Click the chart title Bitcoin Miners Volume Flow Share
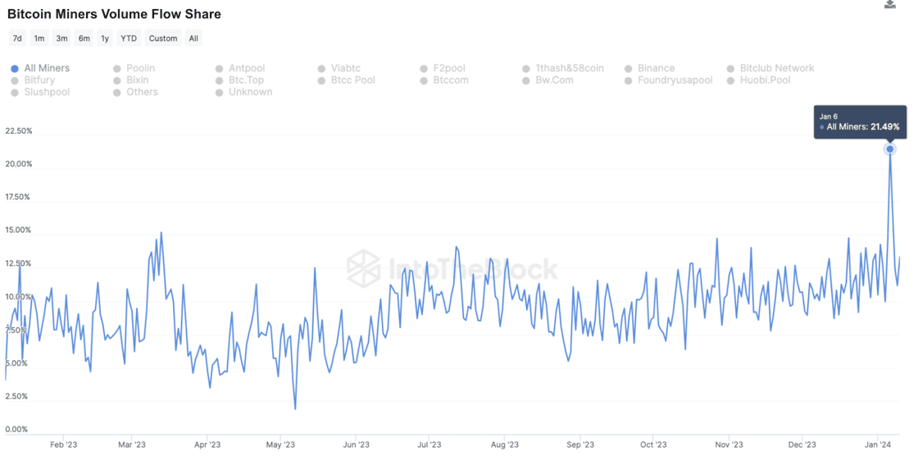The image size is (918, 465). (114, 14)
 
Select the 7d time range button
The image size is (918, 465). (17, 39)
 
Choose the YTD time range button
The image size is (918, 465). (129, 39)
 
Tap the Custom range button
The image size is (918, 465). (163, 39)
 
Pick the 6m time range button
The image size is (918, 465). (84, 39)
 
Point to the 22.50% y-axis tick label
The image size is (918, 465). (19, 131)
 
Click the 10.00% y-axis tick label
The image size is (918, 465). (19, 297)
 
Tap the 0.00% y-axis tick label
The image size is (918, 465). (16, 429)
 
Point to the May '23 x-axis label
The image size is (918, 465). (280, 445)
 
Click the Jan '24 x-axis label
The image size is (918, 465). (879, 445)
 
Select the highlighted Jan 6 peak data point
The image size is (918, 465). (889, 149)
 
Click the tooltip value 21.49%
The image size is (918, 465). (884, 127)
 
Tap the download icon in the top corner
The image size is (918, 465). (890, 5)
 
